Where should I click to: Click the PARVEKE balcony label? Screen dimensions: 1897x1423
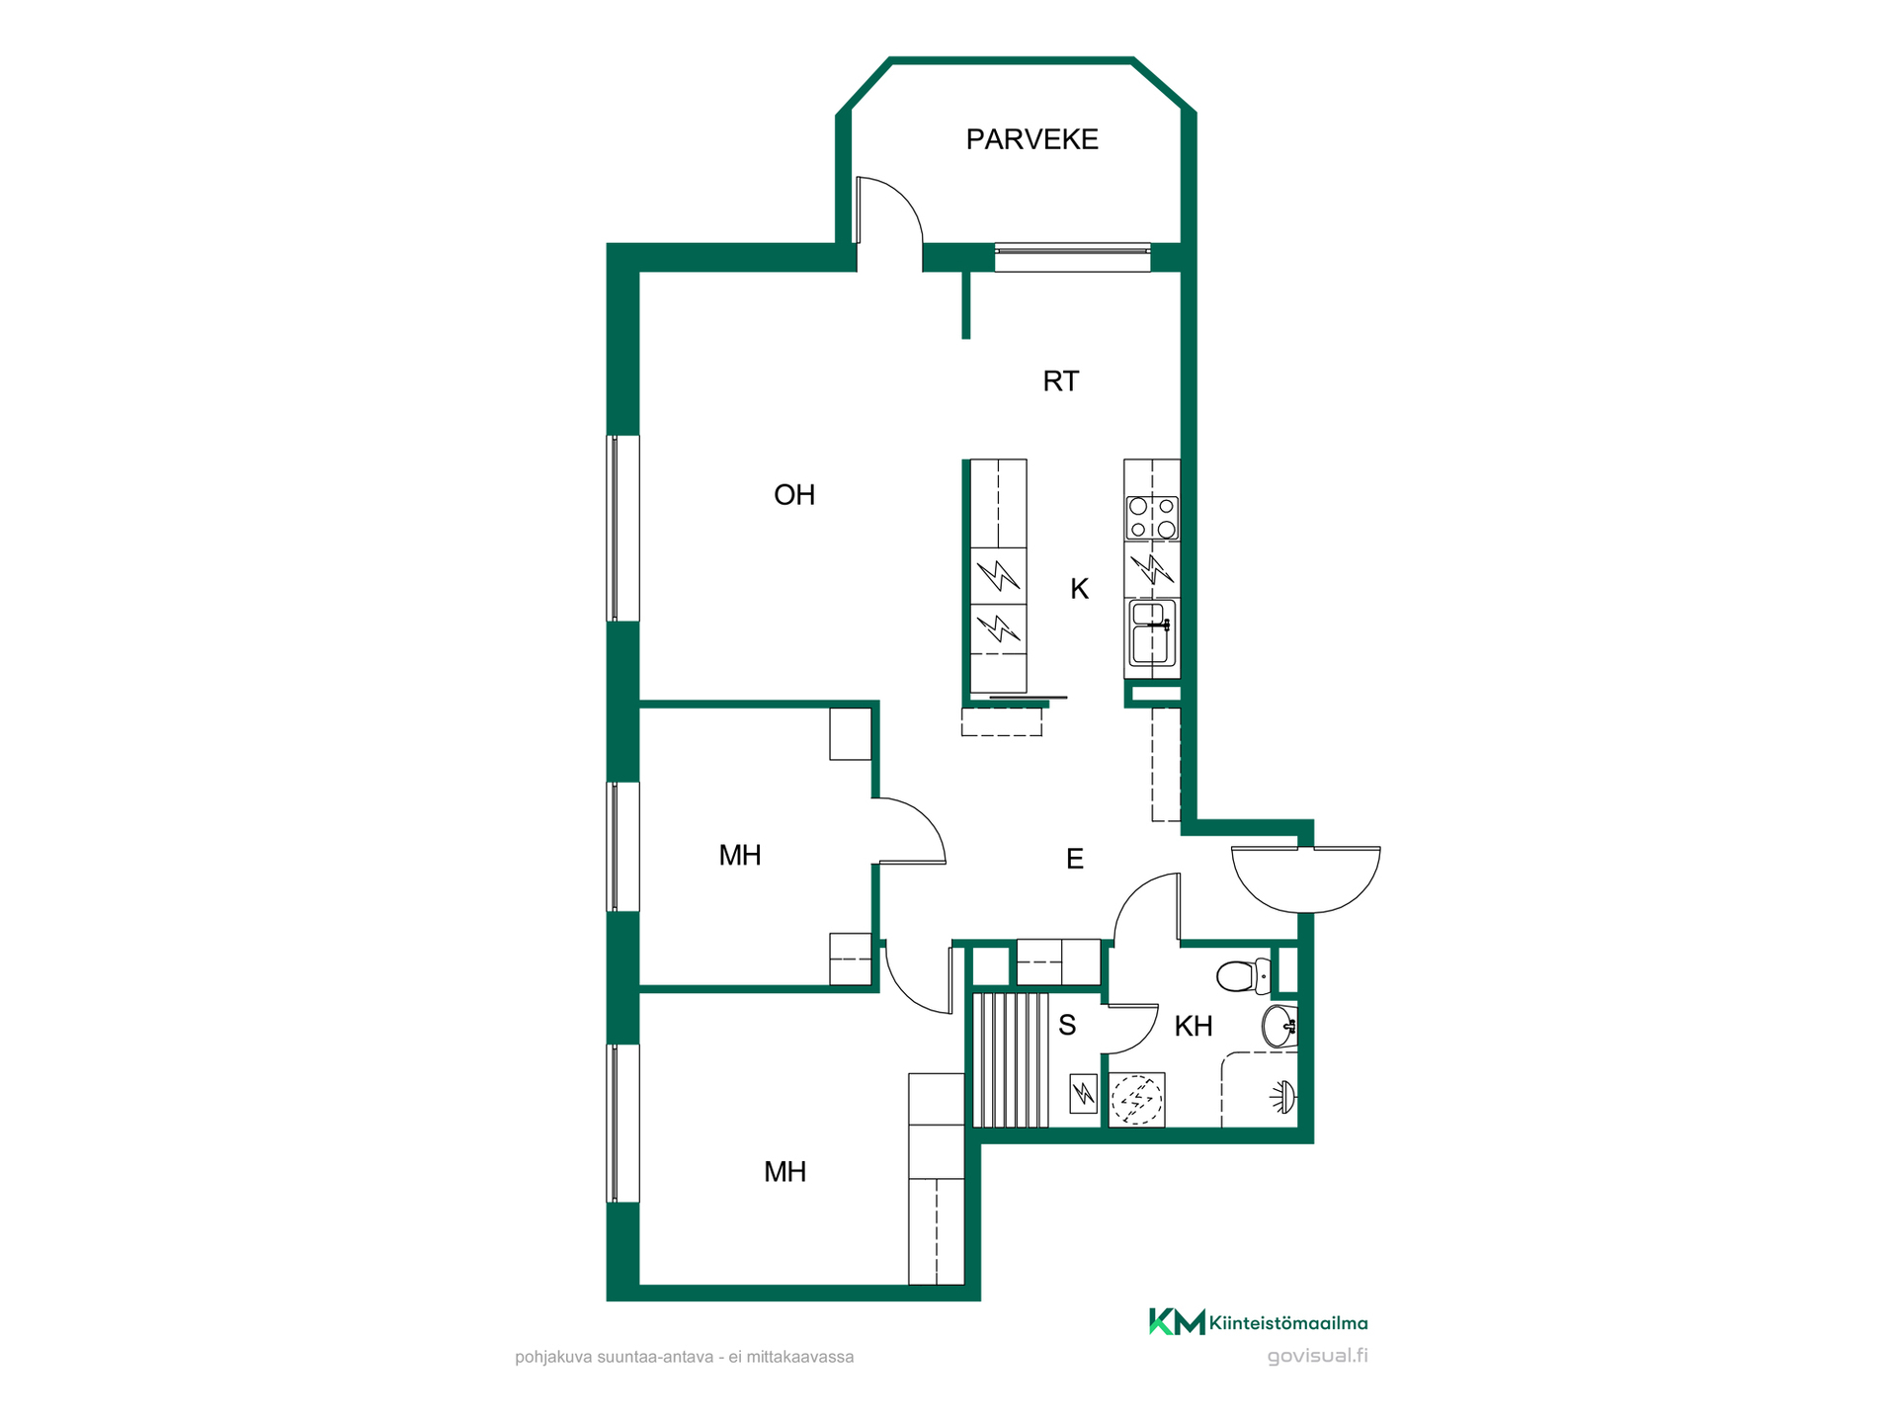[1031, 139]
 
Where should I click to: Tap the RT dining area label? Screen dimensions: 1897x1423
[1061, 381]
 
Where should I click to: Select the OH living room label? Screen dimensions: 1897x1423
[794, 495]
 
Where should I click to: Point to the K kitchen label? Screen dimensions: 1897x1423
[1079, 589]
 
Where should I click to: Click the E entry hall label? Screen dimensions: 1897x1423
[1075, 859]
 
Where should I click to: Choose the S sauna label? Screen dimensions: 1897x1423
[1067, 1025]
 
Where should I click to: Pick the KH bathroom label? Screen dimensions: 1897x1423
[1194, 1026]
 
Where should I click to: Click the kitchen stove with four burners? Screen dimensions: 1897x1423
[1152, 518]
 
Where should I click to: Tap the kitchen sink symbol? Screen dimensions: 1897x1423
[1152, 632]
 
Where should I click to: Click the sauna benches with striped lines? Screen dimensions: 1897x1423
[1011, 1060]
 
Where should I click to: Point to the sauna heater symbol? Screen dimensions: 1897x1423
[1084, 1094]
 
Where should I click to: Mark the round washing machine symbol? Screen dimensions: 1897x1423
[1137, 1100]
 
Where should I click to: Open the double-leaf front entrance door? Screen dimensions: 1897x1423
[1306, 879]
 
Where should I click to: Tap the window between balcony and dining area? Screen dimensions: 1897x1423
[1072, 257]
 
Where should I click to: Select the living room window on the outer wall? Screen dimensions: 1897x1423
[622, 529]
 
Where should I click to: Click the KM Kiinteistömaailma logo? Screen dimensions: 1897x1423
[1258, 1322]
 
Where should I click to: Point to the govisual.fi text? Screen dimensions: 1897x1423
[1317, 1356]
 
